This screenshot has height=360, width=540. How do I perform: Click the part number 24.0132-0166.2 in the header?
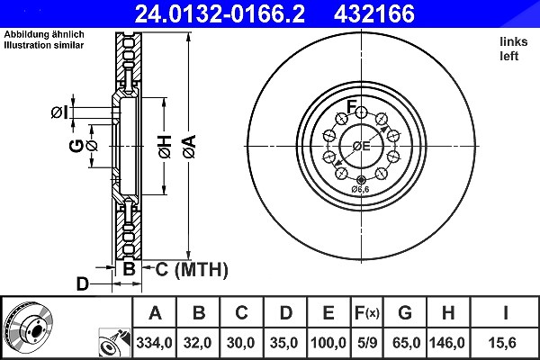220,13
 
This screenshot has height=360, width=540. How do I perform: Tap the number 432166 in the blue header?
374,13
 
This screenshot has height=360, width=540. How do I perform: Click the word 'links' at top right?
514,41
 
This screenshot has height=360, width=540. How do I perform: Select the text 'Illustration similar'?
44,45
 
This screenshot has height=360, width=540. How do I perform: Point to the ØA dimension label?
189,147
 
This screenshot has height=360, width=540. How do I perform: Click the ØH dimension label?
165,147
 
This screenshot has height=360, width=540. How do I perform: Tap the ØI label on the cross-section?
59,112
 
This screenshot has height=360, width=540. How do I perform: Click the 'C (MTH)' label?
192,269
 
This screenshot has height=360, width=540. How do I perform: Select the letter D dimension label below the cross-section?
82,284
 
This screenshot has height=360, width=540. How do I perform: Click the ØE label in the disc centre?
361,146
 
